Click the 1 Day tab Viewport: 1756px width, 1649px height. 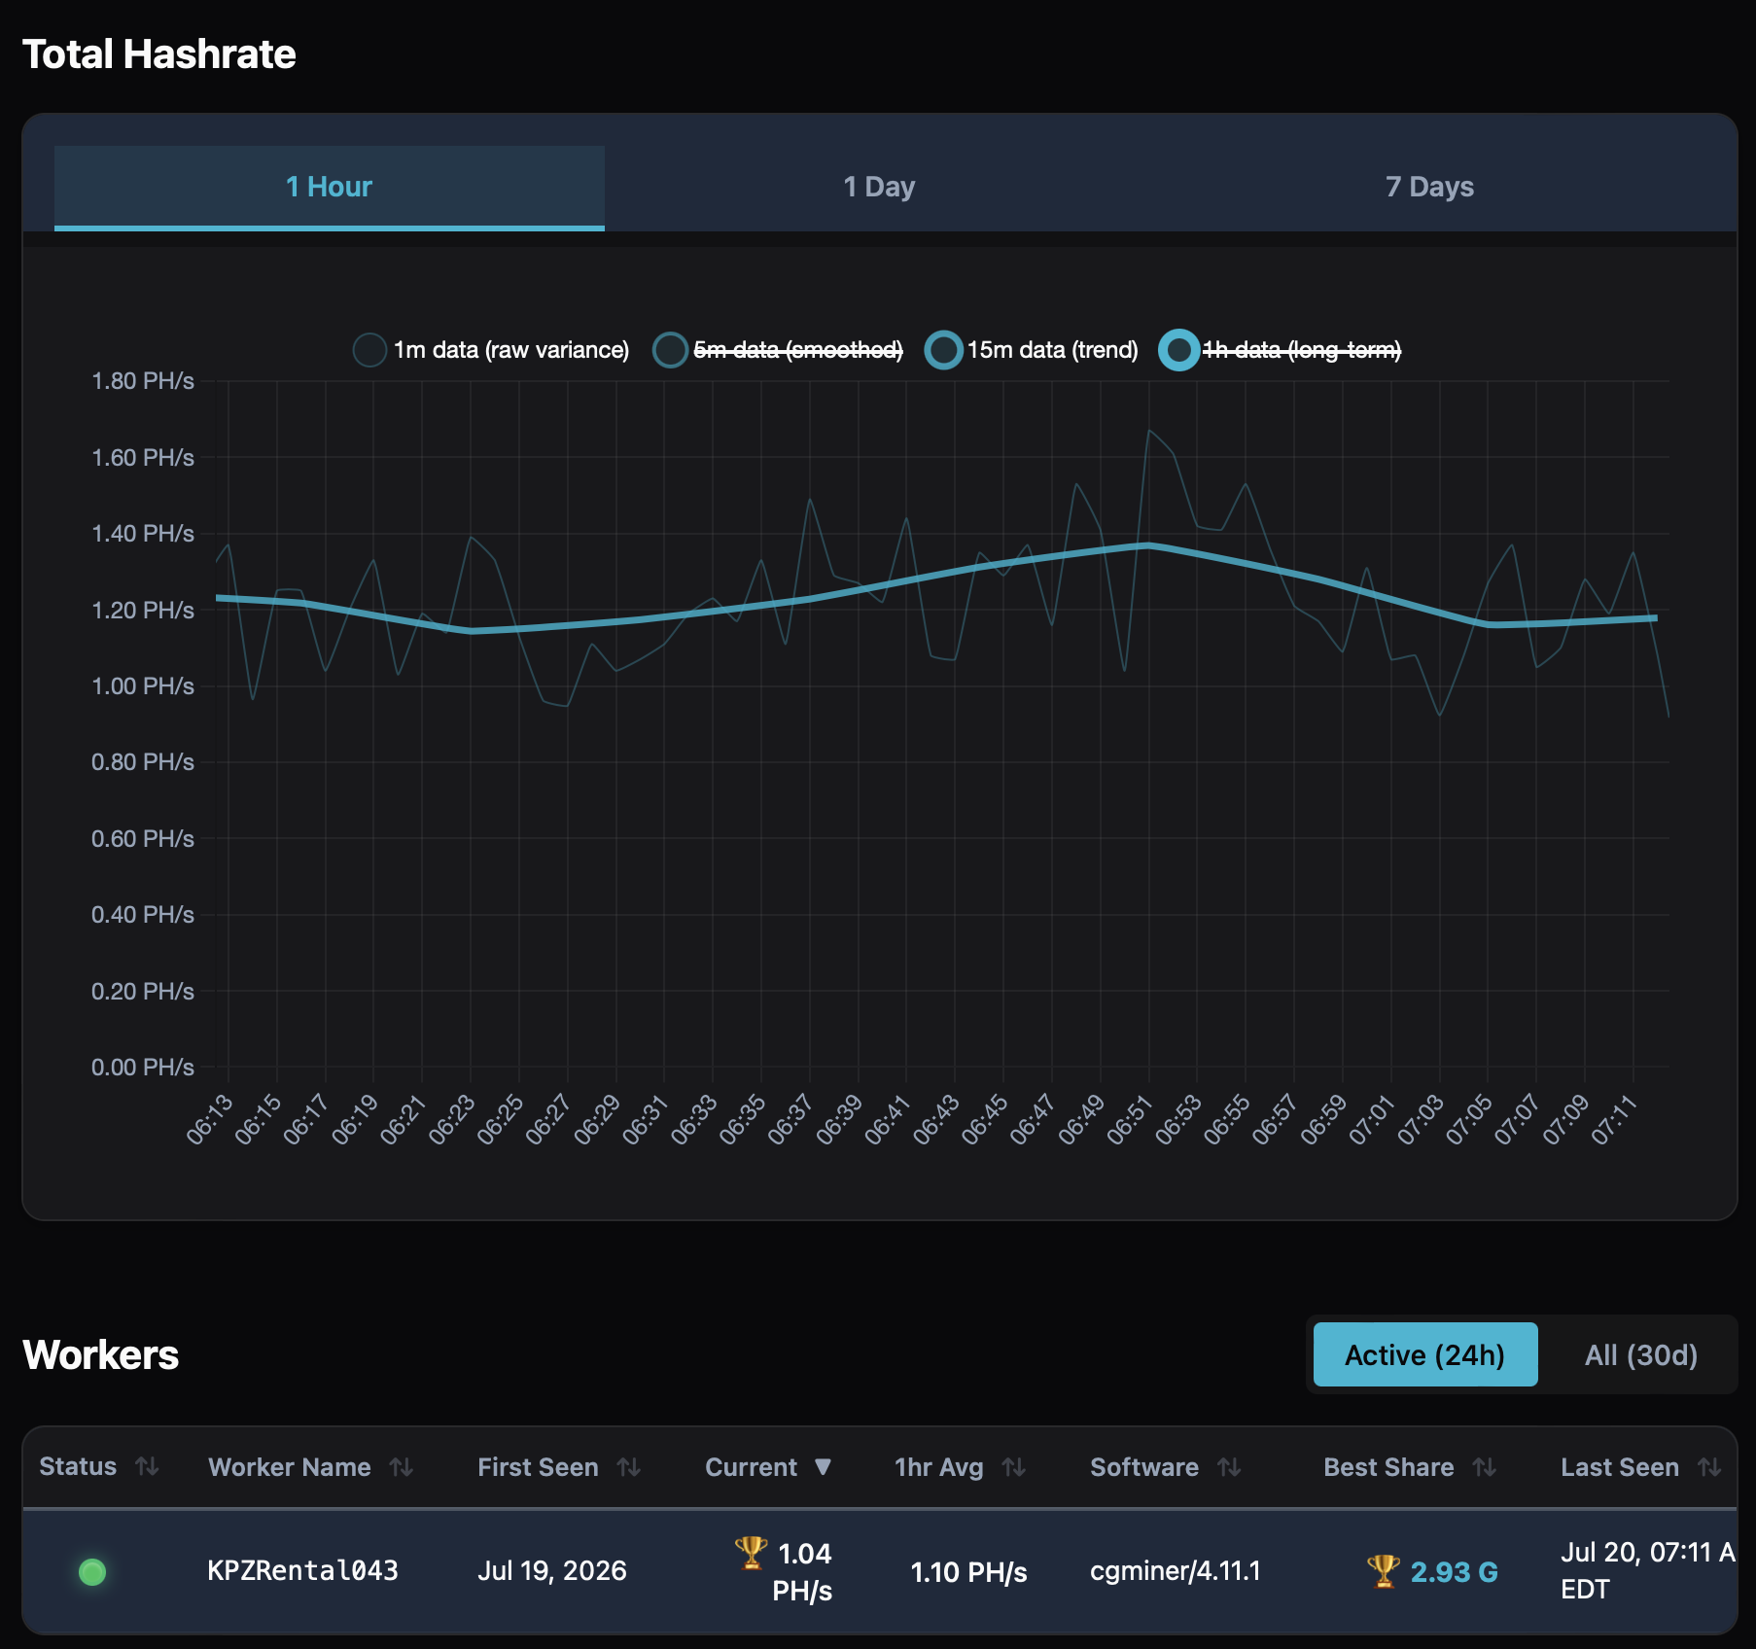tap(879, 187)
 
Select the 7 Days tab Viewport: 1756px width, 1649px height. tap(1429, 187)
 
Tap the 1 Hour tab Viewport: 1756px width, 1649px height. tap(329, 187)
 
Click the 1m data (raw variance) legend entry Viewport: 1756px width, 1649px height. tap(491, 350)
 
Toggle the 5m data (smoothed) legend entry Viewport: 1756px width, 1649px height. tap(778, 350)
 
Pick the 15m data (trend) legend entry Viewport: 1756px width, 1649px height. tap(1032, 350)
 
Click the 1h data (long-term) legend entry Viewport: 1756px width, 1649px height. tap(1281, 350)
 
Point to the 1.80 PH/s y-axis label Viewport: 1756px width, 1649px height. tap(143, 381)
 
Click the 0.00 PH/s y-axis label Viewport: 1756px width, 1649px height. tap(143, 1068)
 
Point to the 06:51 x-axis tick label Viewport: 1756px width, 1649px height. tap(1130, 1120)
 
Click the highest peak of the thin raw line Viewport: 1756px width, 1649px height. tap(1149, 430)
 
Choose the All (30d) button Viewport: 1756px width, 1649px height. tap(1641, 1354)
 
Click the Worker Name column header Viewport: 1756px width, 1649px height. tap(290, 1467)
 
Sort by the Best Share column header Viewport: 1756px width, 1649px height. tap(1388, 1467)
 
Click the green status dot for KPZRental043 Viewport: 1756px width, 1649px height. tap(92, 1571)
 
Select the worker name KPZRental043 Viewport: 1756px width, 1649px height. tap(302, 1571)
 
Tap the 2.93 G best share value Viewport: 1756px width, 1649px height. tap(1454, 1572)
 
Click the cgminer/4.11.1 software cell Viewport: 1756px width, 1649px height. tap(1176, 1571)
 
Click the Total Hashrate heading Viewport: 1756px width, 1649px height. tap(159, 54)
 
